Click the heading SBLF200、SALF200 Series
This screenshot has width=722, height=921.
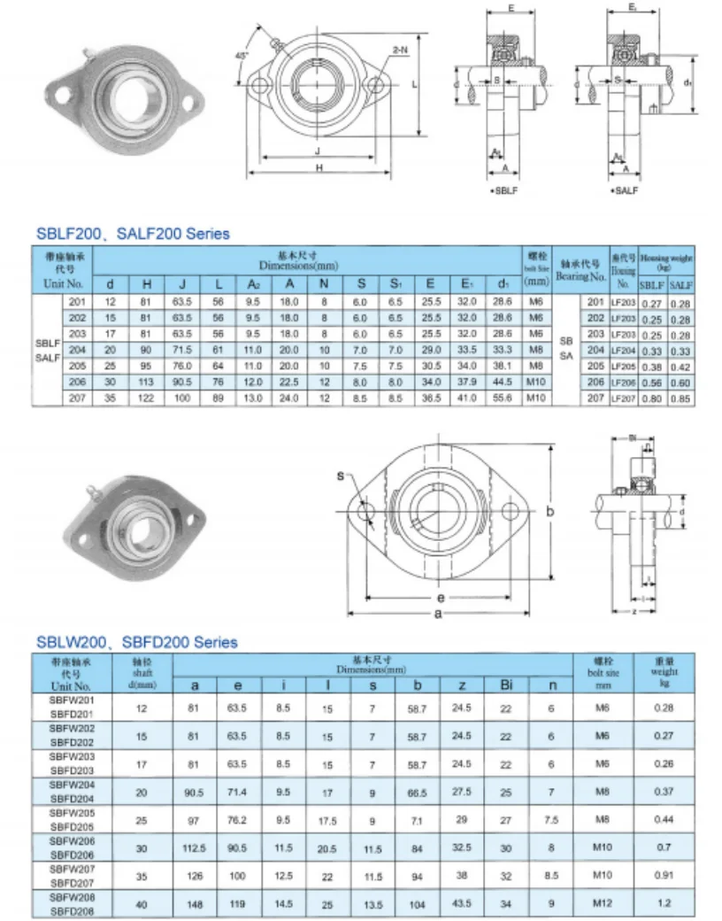pyautogui.click(x=133, y=234)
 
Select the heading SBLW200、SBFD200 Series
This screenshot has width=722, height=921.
pyautogui.click(x=136, y=642)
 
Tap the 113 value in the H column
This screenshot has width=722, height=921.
pyautogui.click(x=146, y=382)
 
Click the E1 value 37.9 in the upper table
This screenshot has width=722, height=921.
pyautogui.click(x=465, y=382)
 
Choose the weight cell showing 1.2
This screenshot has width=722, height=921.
pyautogui.click(x=664, y=903)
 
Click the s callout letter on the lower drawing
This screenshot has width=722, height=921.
pyautogui.click(x=340, y=476)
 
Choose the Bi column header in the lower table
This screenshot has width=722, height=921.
pyautogui.click(x=505, y=685)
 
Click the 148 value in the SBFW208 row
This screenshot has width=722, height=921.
pyautogui.click(x=194, y=903)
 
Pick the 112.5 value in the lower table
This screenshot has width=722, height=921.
pyautogui.click(x=194, y=847)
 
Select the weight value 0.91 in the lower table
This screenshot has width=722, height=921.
pyautogui.click(x=664, y=876)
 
